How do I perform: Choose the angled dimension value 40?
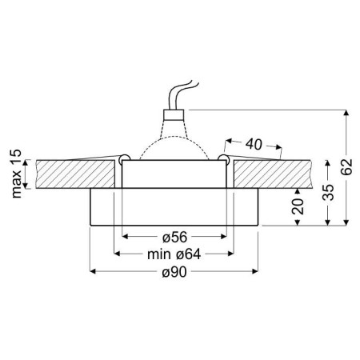(x=254, y=145)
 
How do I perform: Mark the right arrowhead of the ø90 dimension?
(x=256, y=272)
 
